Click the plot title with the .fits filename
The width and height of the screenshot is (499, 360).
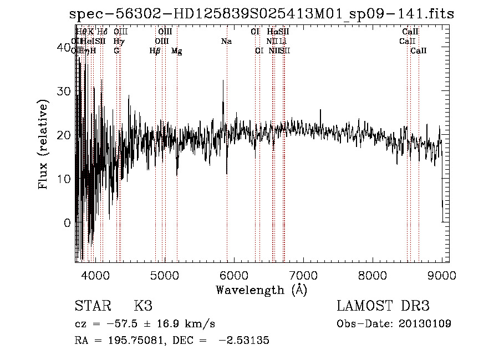point(262,14)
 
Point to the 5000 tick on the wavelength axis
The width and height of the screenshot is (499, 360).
point(164,274)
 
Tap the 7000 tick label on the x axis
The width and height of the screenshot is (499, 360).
point(303,274)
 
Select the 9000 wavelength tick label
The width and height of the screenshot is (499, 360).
point(441,274)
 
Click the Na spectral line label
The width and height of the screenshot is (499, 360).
point(226,41)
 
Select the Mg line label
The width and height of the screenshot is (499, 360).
point(176,51)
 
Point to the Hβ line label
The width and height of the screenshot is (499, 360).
point(155,51)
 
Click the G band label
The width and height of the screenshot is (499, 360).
point(116,50)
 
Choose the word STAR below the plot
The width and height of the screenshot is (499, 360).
point(92,306)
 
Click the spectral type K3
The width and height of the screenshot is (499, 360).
point(142,306)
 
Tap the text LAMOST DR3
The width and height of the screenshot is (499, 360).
point(383,306)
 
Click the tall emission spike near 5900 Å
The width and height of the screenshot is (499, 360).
point(223,103)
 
